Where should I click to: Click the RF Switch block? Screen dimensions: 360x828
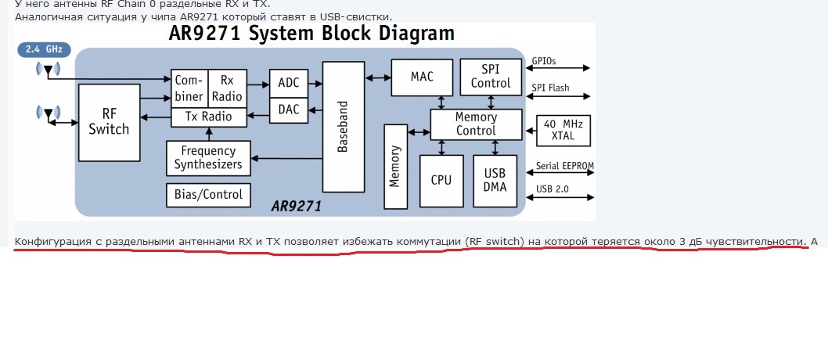point(109,122)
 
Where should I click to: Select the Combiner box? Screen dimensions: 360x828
point(188,88)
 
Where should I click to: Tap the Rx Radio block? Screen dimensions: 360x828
point(227,88)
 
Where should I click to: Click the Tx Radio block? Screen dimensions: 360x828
point(208,117)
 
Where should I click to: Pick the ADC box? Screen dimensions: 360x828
point(289,82)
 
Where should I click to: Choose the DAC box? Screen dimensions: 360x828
point(289,110)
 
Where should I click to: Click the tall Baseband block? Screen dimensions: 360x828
point(344,127)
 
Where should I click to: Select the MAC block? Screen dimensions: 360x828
point(422,77)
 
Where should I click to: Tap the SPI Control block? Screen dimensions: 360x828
point(491,77)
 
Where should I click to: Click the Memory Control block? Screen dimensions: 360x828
point(476,124)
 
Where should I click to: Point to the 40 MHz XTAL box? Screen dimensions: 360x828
point(563,130)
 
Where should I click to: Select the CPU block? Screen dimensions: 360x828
point(441,180)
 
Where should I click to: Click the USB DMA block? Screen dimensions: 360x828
point(495,180)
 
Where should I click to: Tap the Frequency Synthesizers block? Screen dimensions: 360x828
point(208,157)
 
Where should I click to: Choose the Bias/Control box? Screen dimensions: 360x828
point(208,194)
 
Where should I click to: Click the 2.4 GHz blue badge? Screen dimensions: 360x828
point(44,49)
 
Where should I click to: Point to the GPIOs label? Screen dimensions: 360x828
point(544,60)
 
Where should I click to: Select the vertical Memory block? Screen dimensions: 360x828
point(395,165)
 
